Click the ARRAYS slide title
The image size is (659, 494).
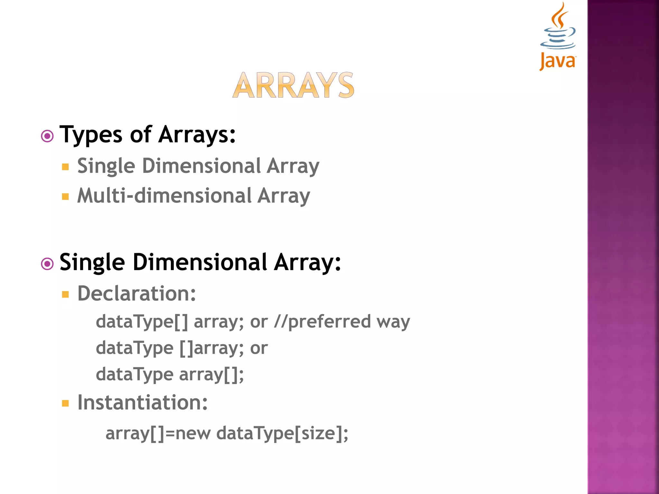tap(293, 85)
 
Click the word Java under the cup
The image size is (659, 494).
tap(558, 61)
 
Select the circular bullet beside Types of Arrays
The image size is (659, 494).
tap(47, 136)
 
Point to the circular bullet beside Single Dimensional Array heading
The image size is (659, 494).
tap(47, 264)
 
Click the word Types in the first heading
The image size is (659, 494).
tap(91, 134)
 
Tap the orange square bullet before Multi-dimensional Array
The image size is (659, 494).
tap(65, 197)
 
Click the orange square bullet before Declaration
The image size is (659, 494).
tap(65, 294)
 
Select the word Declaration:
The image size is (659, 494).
tap(137, 294)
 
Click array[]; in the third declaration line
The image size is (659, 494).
tap(211, 375)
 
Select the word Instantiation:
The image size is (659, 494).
tap(143, 403)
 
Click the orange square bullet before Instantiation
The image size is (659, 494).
tap(65, 403)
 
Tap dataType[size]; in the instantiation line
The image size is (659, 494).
tap(282, 433)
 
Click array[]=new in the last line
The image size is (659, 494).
tap(158, 433)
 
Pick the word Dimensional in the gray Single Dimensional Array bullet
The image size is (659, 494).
tap(201, 166)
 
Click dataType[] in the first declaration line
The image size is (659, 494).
tap(142, 322)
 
